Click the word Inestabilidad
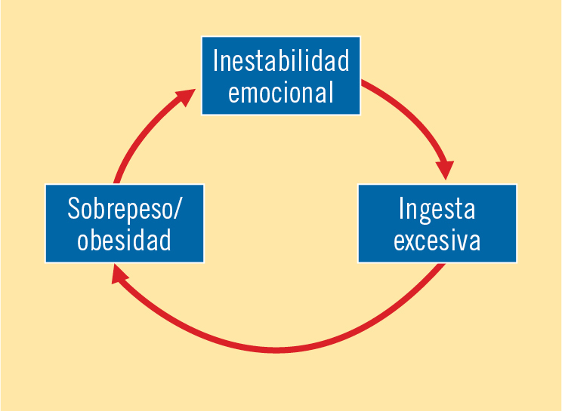point(281,60)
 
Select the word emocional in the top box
point(281,92)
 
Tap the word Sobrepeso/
point(125,210)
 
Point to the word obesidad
point(125,239)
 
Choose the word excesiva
point(437,240)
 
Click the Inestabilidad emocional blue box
point(281,75)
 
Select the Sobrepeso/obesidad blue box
point(125,223)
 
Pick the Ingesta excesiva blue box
point(437,223)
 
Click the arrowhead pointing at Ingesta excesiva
point(445,170)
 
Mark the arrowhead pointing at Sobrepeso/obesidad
point(119,275)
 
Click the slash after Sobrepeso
point(177,210)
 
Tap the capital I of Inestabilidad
point(215,60)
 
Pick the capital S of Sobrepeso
point(73,208)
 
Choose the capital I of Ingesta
point(401,208)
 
